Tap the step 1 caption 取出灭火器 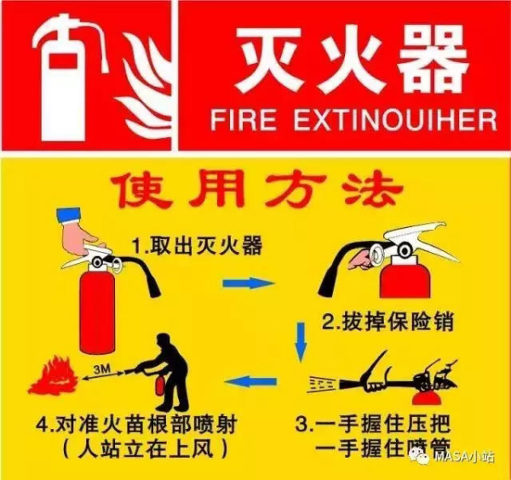tap(196, 246)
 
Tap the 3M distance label tap(100, 365)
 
